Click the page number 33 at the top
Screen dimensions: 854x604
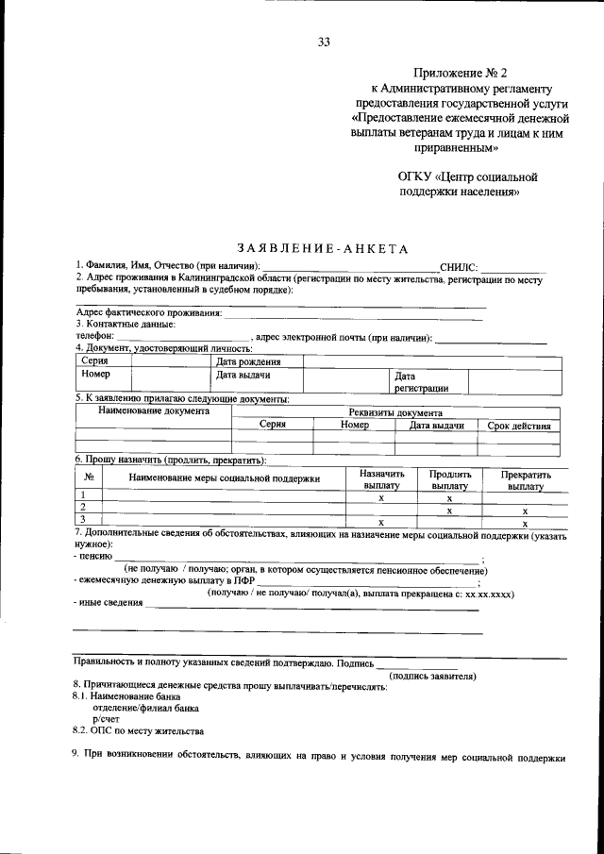[324, 42]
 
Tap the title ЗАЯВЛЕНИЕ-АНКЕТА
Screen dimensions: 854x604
[323, 249]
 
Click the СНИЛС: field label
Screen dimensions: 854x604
[460, 268]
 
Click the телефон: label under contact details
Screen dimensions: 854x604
[94, 336]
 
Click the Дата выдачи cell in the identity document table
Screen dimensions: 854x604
[243, 375]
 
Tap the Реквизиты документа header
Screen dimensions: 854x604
[394, 412]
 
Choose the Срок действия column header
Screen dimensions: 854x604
[518, 426]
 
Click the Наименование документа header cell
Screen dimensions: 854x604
[153, 411]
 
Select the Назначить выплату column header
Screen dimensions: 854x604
[381, 479]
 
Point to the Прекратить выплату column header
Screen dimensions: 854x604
[526, 479]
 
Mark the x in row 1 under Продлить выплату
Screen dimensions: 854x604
[449, 496]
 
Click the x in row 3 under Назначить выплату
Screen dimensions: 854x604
[380, 521]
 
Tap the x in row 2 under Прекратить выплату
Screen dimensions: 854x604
[525, 509]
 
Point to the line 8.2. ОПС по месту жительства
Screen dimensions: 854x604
[138, 730]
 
